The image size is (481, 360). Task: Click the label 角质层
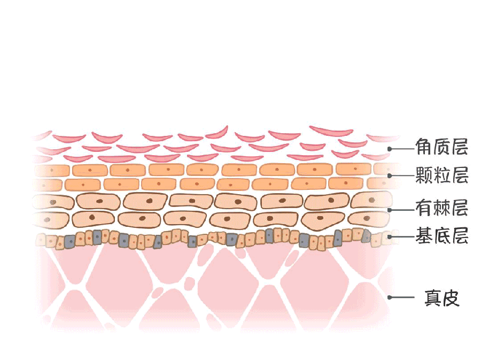(442, 147)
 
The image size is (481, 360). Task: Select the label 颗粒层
(442, 175)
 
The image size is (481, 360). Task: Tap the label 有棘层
(442, 208)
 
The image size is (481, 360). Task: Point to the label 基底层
(442, 235)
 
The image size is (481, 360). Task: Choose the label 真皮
(442, 298)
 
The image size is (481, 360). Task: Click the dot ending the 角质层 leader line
(390, 149)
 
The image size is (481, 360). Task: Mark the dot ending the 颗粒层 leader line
(390, 175)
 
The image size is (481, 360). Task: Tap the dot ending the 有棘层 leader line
(390, 210)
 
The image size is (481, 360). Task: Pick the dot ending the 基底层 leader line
(390, 236)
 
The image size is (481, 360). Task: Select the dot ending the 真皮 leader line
(390, 297)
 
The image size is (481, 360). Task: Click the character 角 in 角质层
(424, 147)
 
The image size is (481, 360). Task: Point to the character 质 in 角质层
(442, 147)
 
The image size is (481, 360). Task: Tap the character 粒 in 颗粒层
(442, 175)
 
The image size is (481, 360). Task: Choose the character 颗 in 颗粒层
(424, 175)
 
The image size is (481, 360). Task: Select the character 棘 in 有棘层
(442, 208)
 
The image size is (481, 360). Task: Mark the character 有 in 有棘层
(424, 208)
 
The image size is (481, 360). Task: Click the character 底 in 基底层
(442, 235)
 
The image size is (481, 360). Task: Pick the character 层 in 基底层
(460, 235)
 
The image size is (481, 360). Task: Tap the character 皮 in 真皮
(451, 298)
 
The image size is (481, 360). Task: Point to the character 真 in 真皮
(433, 298)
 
